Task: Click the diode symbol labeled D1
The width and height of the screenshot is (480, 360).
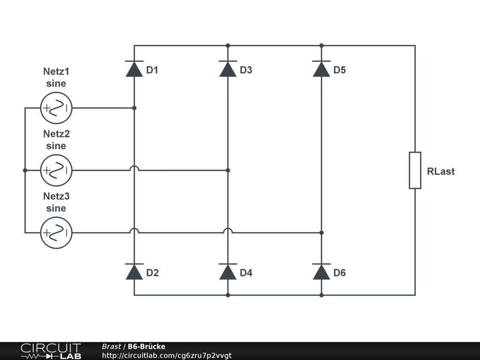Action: click(134, 69)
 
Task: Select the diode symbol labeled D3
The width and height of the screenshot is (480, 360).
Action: click(228, 69)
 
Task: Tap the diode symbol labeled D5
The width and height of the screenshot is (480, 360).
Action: click(322, 69)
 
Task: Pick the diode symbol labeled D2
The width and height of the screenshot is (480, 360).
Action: click(134, 271)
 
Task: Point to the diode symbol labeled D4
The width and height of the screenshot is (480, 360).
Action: click(228, 271)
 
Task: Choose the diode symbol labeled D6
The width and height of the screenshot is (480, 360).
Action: click(322, 271)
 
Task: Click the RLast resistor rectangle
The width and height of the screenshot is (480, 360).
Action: click(415, 170)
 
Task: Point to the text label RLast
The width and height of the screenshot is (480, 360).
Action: click(441, 172)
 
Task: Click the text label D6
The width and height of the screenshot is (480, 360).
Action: click(339, 273)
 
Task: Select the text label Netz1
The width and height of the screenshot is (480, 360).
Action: click(56, 71)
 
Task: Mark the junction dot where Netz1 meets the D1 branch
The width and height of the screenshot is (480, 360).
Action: click(134, 108)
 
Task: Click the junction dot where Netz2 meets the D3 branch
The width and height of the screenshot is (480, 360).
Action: click(228, 170)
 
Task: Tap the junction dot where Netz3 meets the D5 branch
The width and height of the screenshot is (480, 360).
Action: click(322, 232)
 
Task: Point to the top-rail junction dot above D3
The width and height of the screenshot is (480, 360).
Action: click(228, 45)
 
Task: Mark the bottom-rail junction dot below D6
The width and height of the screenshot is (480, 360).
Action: click(322, 295)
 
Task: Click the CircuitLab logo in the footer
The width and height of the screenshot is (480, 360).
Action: click(51, 351)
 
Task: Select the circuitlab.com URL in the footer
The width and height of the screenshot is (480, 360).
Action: click(166, 355)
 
